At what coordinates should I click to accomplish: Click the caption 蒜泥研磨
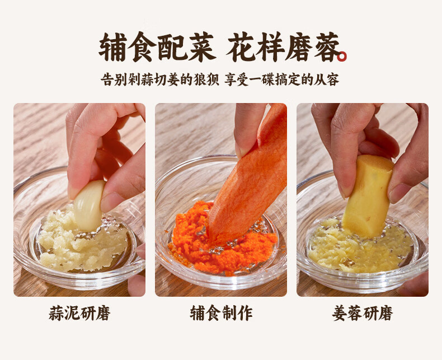[x=79, y=313]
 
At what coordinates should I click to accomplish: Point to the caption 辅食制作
[x=221, y=313]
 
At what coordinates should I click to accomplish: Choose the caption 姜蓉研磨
[x=362, y=313]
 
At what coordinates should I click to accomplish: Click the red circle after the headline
[x=342, y=56]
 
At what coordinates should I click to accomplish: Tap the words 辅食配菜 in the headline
[x=157, y=47]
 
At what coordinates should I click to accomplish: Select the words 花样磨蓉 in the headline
[x=283, y=47]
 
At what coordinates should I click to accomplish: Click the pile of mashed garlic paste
[x=82, y=242]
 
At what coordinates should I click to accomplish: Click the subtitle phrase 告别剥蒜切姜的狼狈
[x=160, y=80]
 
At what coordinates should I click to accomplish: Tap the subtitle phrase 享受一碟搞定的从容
[x=282, y=80]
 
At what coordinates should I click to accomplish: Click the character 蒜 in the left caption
[x=57, y=313]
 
